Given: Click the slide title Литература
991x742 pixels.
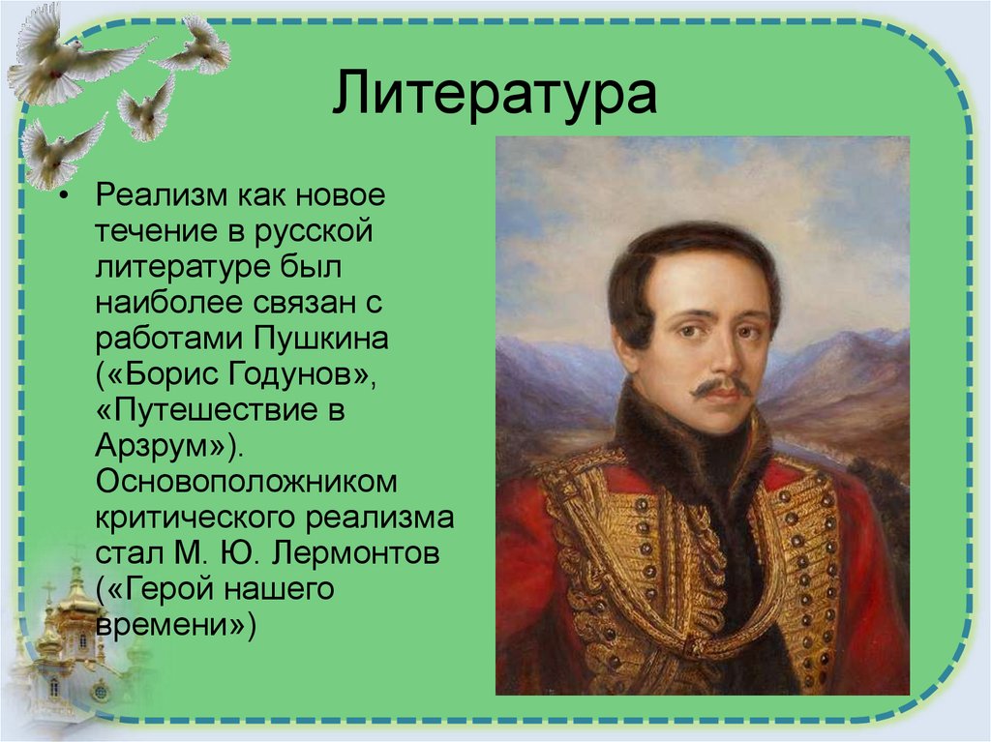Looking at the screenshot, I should (495, 95).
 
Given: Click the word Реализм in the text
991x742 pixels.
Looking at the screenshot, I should (159, 195).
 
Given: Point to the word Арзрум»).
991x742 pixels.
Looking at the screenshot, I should (170, 446).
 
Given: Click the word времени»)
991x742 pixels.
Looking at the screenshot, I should (174, 625).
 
